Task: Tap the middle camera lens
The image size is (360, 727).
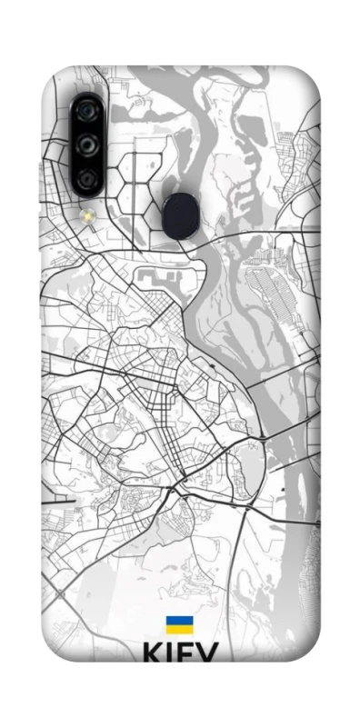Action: (x=88, y=144)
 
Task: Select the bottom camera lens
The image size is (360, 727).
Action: (x=88, y=179)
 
